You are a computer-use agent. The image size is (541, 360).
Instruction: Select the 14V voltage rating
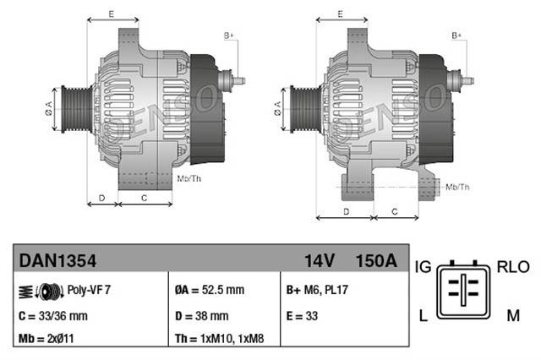pyautogui.click(x=320, y=261)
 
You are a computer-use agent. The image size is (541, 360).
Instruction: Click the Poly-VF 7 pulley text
pyautogui.click(x=89, y=289)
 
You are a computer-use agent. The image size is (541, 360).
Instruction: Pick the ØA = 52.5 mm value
pyautogui.click(x=210, y=290)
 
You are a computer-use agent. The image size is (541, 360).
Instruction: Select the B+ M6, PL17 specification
pyautogui.click(x=318, y=290)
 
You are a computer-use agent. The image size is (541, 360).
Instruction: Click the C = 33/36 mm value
pyautogui.click(x=52, y=316)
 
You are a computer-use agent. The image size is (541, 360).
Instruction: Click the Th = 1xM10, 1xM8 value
pyautogui.click(x=218, y=340)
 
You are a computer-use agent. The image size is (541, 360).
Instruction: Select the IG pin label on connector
pyautogui.click(x=424, y=267)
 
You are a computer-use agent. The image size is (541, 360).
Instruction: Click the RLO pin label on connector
pyautogui.click(x=512, y=267)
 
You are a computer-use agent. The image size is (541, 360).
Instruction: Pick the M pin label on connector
pyautogui.click(x=513, y=315)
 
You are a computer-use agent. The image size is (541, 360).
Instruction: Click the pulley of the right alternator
pyautogui.click(x=298, y=107)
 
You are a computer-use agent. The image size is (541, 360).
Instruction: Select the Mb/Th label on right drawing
pyautogui.click(x=457, y=185)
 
